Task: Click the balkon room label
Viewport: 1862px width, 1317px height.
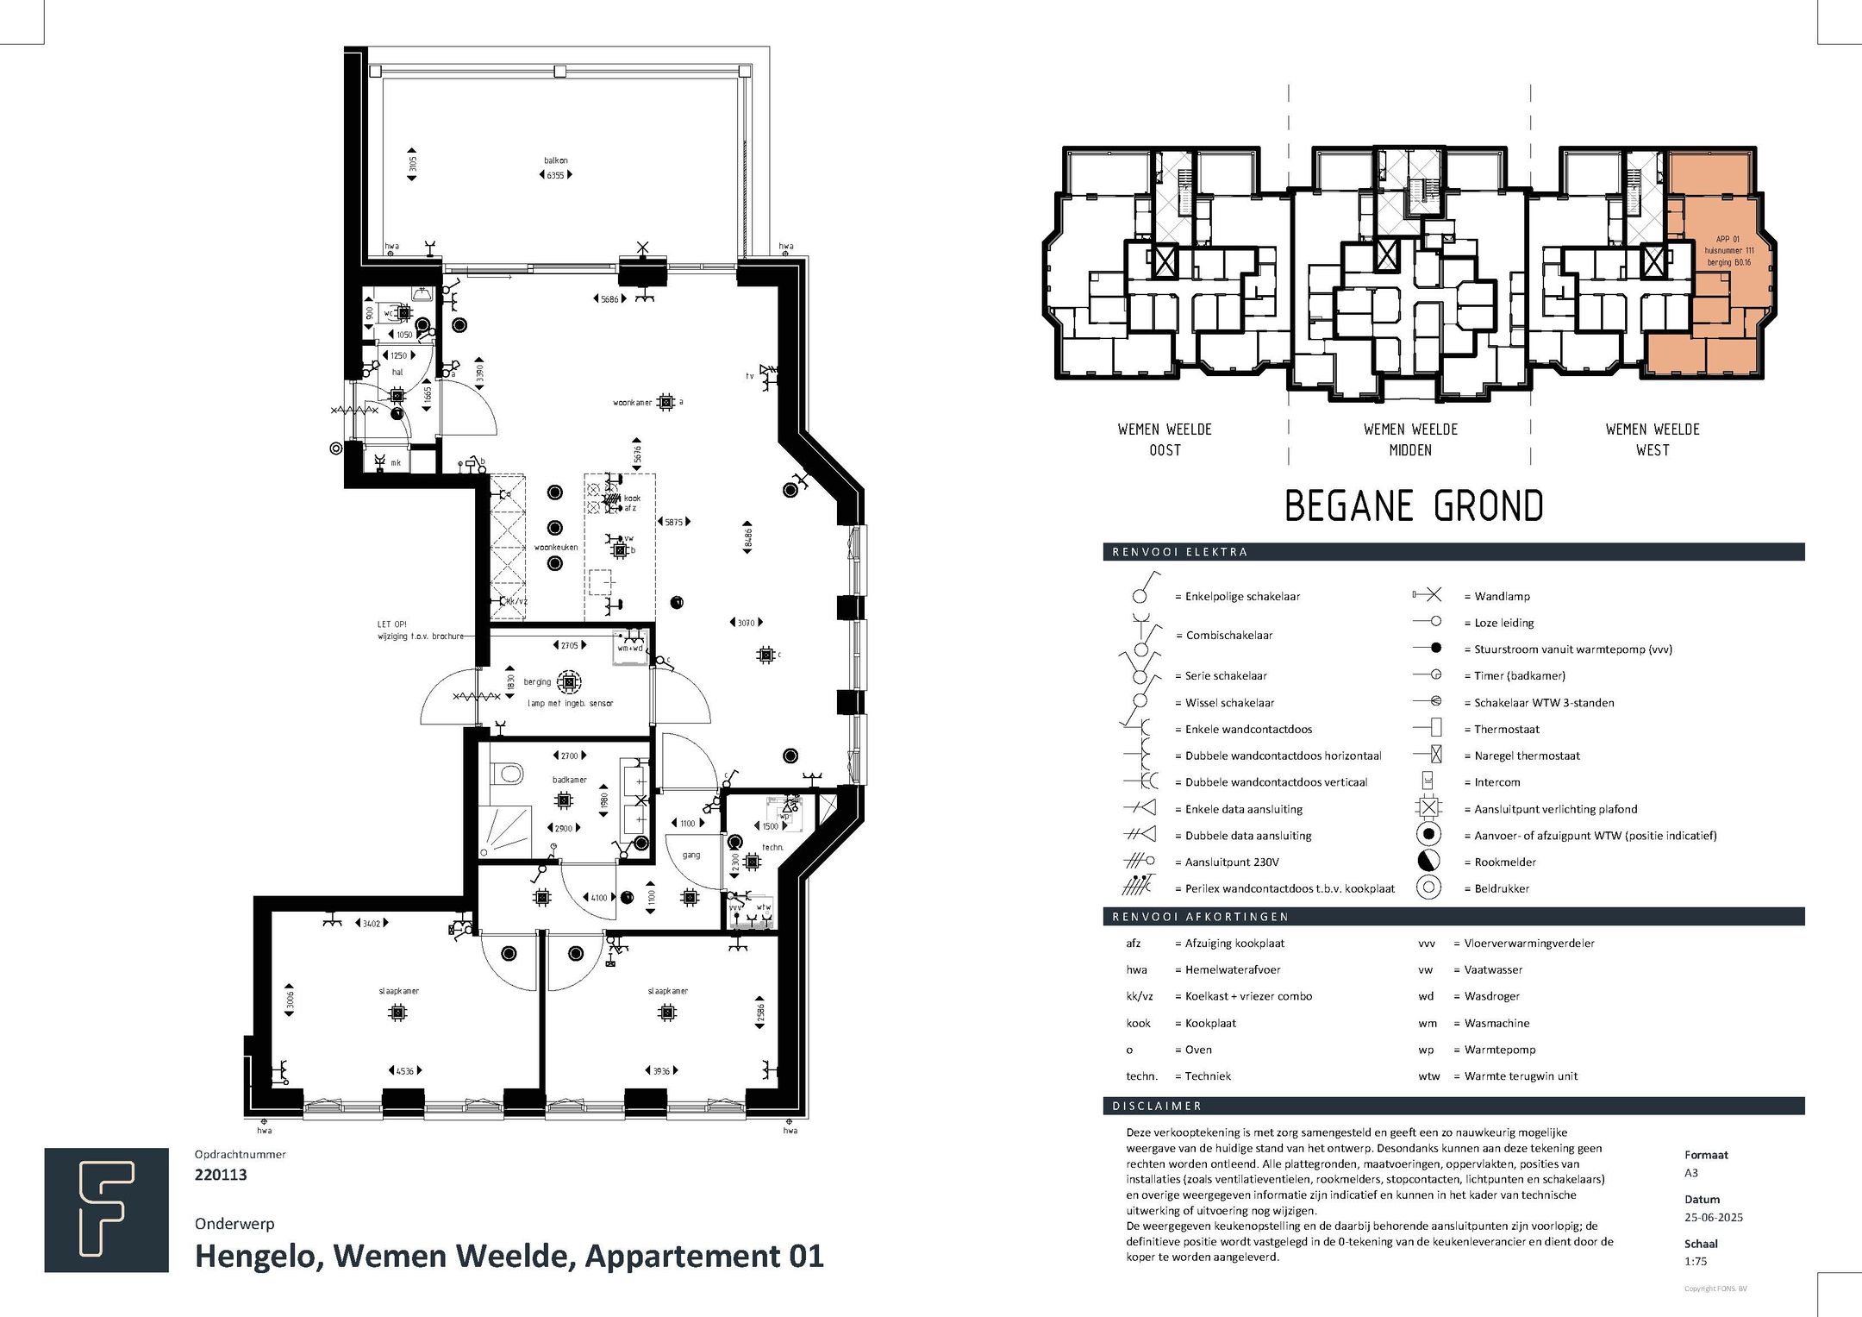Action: (x=555, y=160)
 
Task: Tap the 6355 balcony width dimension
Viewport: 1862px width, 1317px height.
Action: (x=555, y=175)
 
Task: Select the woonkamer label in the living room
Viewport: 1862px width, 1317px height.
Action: (x=633, y=403)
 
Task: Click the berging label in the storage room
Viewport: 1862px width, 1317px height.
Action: (x=537, y=682)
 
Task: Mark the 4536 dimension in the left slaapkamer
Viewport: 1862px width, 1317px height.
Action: (x=404, y=1071)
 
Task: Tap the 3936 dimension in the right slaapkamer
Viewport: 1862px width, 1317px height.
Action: (x=661, y=1071)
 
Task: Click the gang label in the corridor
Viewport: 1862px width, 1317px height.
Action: (x=690, y=856)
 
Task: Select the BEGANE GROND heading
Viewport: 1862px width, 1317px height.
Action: (x=1414, y=506)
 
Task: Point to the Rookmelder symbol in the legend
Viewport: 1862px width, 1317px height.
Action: (x=1428, y=862)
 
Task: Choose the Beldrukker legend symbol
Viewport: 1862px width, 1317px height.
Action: (x=1428, y=888)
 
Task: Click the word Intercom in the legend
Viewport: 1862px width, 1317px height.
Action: (x=1496, y=782)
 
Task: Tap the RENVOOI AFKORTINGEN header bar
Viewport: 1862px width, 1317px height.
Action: (x=1453, y=917)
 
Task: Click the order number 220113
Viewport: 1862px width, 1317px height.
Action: (x=221, y=1175)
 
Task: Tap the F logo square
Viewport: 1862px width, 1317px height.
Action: (x=106, y=1210)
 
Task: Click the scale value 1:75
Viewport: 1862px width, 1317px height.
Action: (x=1695, y=1261)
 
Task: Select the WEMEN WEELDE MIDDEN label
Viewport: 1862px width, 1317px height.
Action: (x=1410, y=440)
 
